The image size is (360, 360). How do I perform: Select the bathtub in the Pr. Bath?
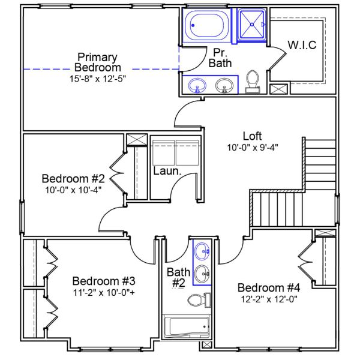(x=206, y=26)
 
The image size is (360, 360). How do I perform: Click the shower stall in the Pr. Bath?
(x=251, y=25)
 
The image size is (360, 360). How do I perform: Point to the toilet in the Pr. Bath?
(x=253, y=81)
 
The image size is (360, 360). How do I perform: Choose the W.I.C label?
(x=301, y=46)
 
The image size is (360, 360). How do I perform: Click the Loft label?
(x=253, y=136)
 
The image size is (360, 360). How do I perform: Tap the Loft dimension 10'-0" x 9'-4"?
(x=253, y=146)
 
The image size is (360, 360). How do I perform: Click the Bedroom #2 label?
(x=73, y=179)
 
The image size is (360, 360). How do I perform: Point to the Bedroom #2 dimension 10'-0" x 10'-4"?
(x=73, y=190)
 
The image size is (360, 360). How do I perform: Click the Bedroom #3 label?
(x=103, y=281)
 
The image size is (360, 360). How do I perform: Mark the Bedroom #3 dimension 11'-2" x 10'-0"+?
(x=103, y=292)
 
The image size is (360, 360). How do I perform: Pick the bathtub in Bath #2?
(x=187, y=328)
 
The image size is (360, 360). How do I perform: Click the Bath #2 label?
(x=178, y=277)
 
